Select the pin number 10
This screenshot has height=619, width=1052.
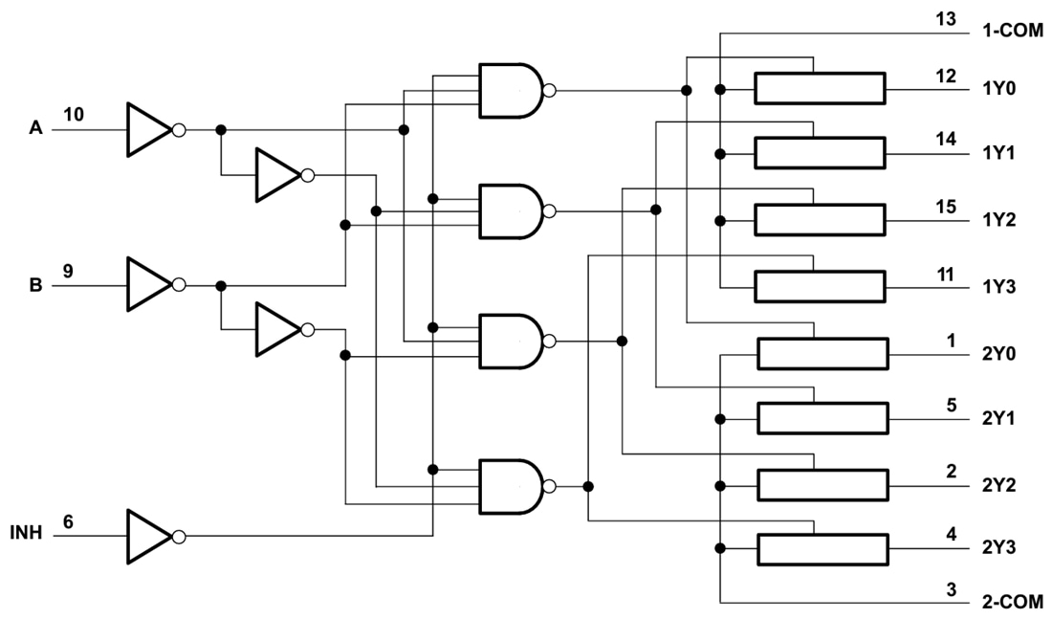point(73,115)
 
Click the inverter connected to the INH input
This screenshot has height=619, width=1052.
point(151,536)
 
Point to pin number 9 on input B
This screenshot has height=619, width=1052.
point(68,271)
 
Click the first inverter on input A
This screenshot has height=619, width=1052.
point(151,129)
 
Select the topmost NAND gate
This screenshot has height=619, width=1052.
point(512,91)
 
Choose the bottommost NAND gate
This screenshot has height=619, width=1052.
point(512,486)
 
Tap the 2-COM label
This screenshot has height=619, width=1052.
point(1013,603)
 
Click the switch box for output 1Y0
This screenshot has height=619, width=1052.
point(820,90)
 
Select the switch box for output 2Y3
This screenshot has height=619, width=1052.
point(822,549)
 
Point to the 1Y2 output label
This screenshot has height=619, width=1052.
point(999,220)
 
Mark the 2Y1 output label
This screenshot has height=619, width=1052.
point(999,418)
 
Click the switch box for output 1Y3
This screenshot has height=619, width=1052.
point(820,286)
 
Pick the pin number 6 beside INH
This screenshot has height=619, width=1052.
point(68,522)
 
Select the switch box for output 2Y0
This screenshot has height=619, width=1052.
point(822,354)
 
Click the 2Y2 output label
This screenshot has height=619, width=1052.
point(999,484)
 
